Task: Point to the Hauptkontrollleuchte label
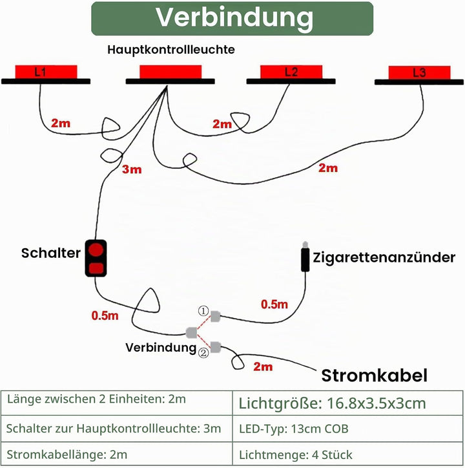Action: (171, 50)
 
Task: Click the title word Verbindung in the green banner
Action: (234, 17)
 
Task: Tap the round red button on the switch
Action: (96, 250)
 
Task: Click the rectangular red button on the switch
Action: (96, 268)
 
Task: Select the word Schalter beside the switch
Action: (51, 253)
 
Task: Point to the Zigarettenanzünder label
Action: (384, 257)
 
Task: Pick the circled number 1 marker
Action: (203, 312)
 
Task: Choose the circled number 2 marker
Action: (203, 353)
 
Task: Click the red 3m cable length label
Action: (132, 169)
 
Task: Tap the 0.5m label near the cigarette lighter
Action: (274, 304)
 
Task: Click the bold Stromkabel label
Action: (374, 376)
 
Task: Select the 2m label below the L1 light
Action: (61, 123)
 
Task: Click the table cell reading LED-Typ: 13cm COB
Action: (347, 429)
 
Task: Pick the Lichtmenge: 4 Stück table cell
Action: (347, 454)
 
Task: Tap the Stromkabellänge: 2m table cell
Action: (117, 454)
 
